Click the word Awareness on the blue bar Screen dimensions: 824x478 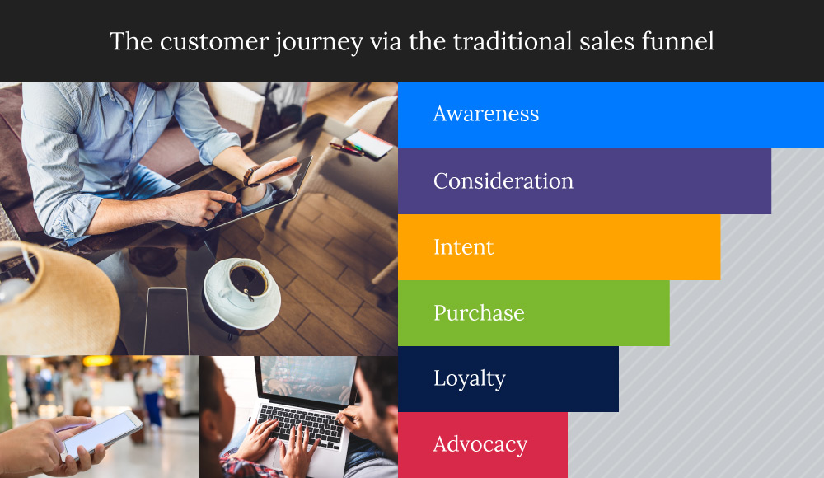[x=486, y=114]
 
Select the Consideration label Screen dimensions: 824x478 [x=503, y=180]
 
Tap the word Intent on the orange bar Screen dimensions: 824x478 [x=463, y=247]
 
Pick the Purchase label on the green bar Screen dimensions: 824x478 [x=479, y=313]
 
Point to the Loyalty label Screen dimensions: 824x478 [x=470, y=378]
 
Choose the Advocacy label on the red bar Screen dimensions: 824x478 [x=480, y=445]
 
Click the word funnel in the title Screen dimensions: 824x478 [x=678, y=41]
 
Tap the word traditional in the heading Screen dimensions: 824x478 [x=513, y=41]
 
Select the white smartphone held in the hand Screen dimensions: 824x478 [x=102, y=433]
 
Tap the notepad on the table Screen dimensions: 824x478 [x=368, y=143]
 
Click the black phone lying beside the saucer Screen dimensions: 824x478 [x=166, y=321]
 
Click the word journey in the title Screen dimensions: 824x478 [x=318, y=42]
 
